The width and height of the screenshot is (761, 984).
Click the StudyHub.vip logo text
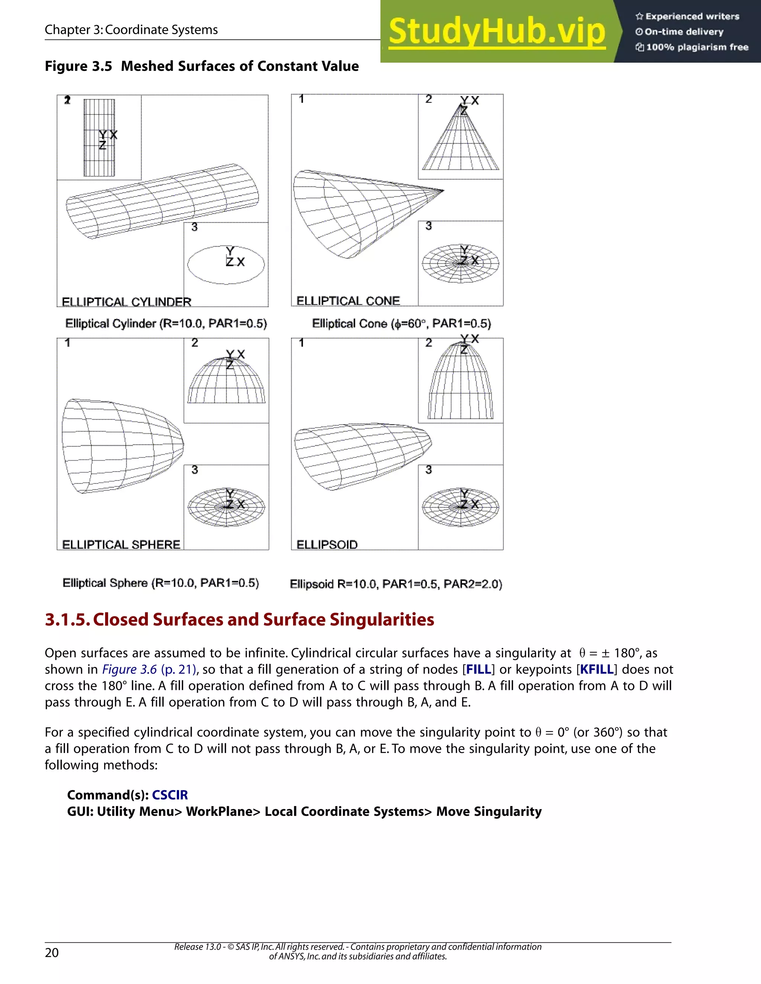pos(497,32)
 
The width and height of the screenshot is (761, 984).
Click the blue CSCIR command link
pos(169,795)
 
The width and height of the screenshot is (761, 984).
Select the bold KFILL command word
pos(597,669)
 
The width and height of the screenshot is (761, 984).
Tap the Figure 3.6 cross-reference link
pos(129,669)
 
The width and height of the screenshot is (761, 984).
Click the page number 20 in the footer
pos(52,952)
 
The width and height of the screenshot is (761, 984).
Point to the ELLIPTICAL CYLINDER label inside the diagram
pos(126,302)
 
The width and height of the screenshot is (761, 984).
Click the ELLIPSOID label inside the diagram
pos(327,544)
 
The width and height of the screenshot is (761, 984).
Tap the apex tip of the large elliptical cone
pos(443,191)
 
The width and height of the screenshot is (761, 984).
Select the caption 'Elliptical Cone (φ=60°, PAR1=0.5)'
pos(401,323)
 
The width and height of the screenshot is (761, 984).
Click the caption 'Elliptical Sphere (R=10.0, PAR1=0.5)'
pos(161,583)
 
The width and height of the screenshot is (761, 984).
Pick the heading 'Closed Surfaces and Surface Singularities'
pos(263,619)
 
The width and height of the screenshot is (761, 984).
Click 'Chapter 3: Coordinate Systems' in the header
pos(131,30)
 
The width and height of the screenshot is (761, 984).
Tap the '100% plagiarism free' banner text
pos(697,47)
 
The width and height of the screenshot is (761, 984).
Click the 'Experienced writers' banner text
pos(692,17)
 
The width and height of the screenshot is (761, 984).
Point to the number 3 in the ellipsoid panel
pos(429,469)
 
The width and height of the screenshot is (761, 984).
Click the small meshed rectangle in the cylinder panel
pos(99,138)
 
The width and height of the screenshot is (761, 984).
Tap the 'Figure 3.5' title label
pos(78,66)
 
